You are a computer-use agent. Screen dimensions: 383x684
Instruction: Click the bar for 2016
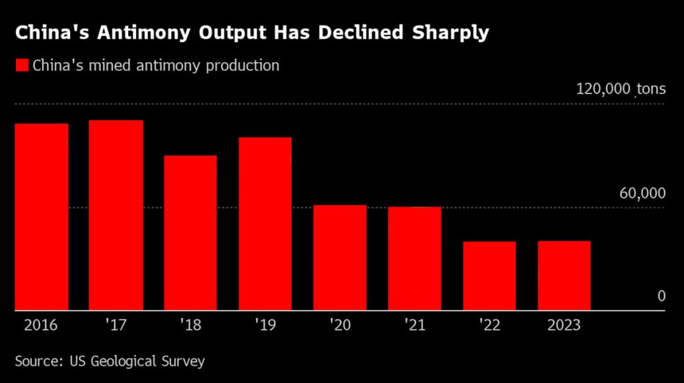click(x=41, y=217)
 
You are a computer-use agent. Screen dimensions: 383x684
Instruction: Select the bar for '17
click(x=116, y=215)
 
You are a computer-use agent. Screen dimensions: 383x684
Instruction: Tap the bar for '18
click(x=190, y=233)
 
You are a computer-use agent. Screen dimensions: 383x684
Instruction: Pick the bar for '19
click(x=265, y=224)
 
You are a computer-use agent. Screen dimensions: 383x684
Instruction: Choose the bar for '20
click(x=340, y=258)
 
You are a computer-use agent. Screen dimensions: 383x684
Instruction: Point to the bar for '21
click(x=414, y=259)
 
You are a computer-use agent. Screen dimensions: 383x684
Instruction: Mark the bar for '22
click(x=489, y=276)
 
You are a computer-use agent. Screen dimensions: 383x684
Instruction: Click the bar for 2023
click(x=564, y=275)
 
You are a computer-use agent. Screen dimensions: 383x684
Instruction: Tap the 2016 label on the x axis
click(x=41, y=326)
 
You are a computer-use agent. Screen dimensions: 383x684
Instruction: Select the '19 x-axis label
click(x=265, y=326)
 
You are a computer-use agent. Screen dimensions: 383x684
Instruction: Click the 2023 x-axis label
click(x=564, y=326)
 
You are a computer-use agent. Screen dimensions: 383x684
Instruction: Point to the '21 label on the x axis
click(x=414, y=326)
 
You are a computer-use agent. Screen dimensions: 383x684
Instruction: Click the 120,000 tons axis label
click(x=621, y=90)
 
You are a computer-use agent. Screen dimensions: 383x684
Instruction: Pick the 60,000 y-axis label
click(x=643, y=194)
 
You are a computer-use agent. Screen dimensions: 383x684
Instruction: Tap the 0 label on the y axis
click(x=661, y=296)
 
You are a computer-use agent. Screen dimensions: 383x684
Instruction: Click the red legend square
click(x=22, y=66)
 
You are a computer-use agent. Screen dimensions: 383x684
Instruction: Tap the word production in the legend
click(x=243, y=66)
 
